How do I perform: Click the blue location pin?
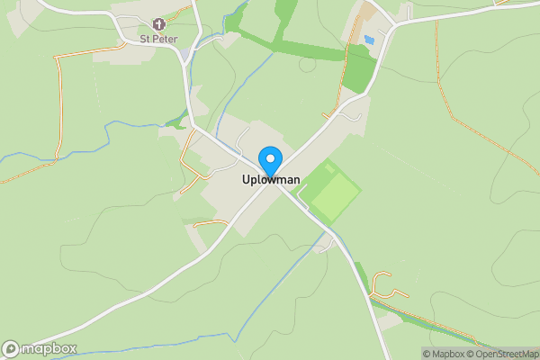coord(269,160)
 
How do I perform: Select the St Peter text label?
coord(157,39)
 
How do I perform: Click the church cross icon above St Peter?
coord(158,24)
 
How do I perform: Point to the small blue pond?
coord(369,40)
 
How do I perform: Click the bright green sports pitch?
coord(331,192)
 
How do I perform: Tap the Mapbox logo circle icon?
coord(12,348)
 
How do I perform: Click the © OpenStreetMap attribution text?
coord(499,354)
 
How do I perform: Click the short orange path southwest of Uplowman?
coord(211,222)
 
